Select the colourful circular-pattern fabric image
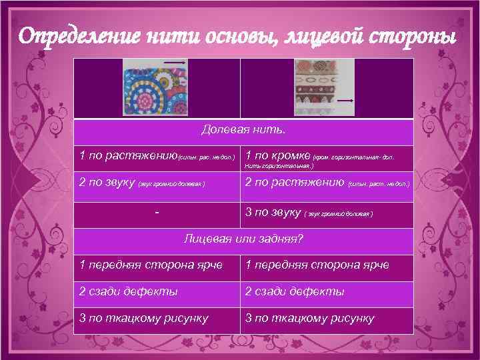[155, 89]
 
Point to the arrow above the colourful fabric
[174, 62]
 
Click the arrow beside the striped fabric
[345, 100]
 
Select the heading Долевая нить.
[243, 131]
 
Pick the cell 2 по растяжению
[327, 183]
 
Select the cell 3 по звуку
[327, 213]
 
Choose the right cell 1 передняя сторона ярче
[327, 266]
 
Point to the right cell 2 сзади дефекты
[327, 291]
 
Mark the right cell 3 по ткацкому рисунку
[327, 318]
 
